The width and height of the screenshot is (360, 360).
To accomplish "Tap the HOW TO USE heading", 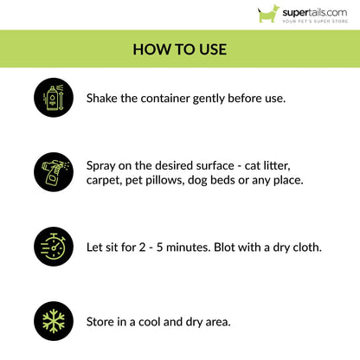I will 180,49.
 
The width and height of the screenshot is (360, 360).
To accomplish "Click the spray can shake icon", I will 53,97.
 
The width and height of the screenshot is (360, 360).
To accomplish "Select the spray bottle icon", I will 53,171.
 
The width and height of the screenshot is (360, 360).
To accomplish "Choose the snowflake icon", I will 53,320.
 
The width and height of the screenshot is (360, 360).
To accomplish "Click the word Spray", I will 104,164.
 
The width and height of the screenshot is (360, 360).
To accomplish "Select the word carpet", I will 108,180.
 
